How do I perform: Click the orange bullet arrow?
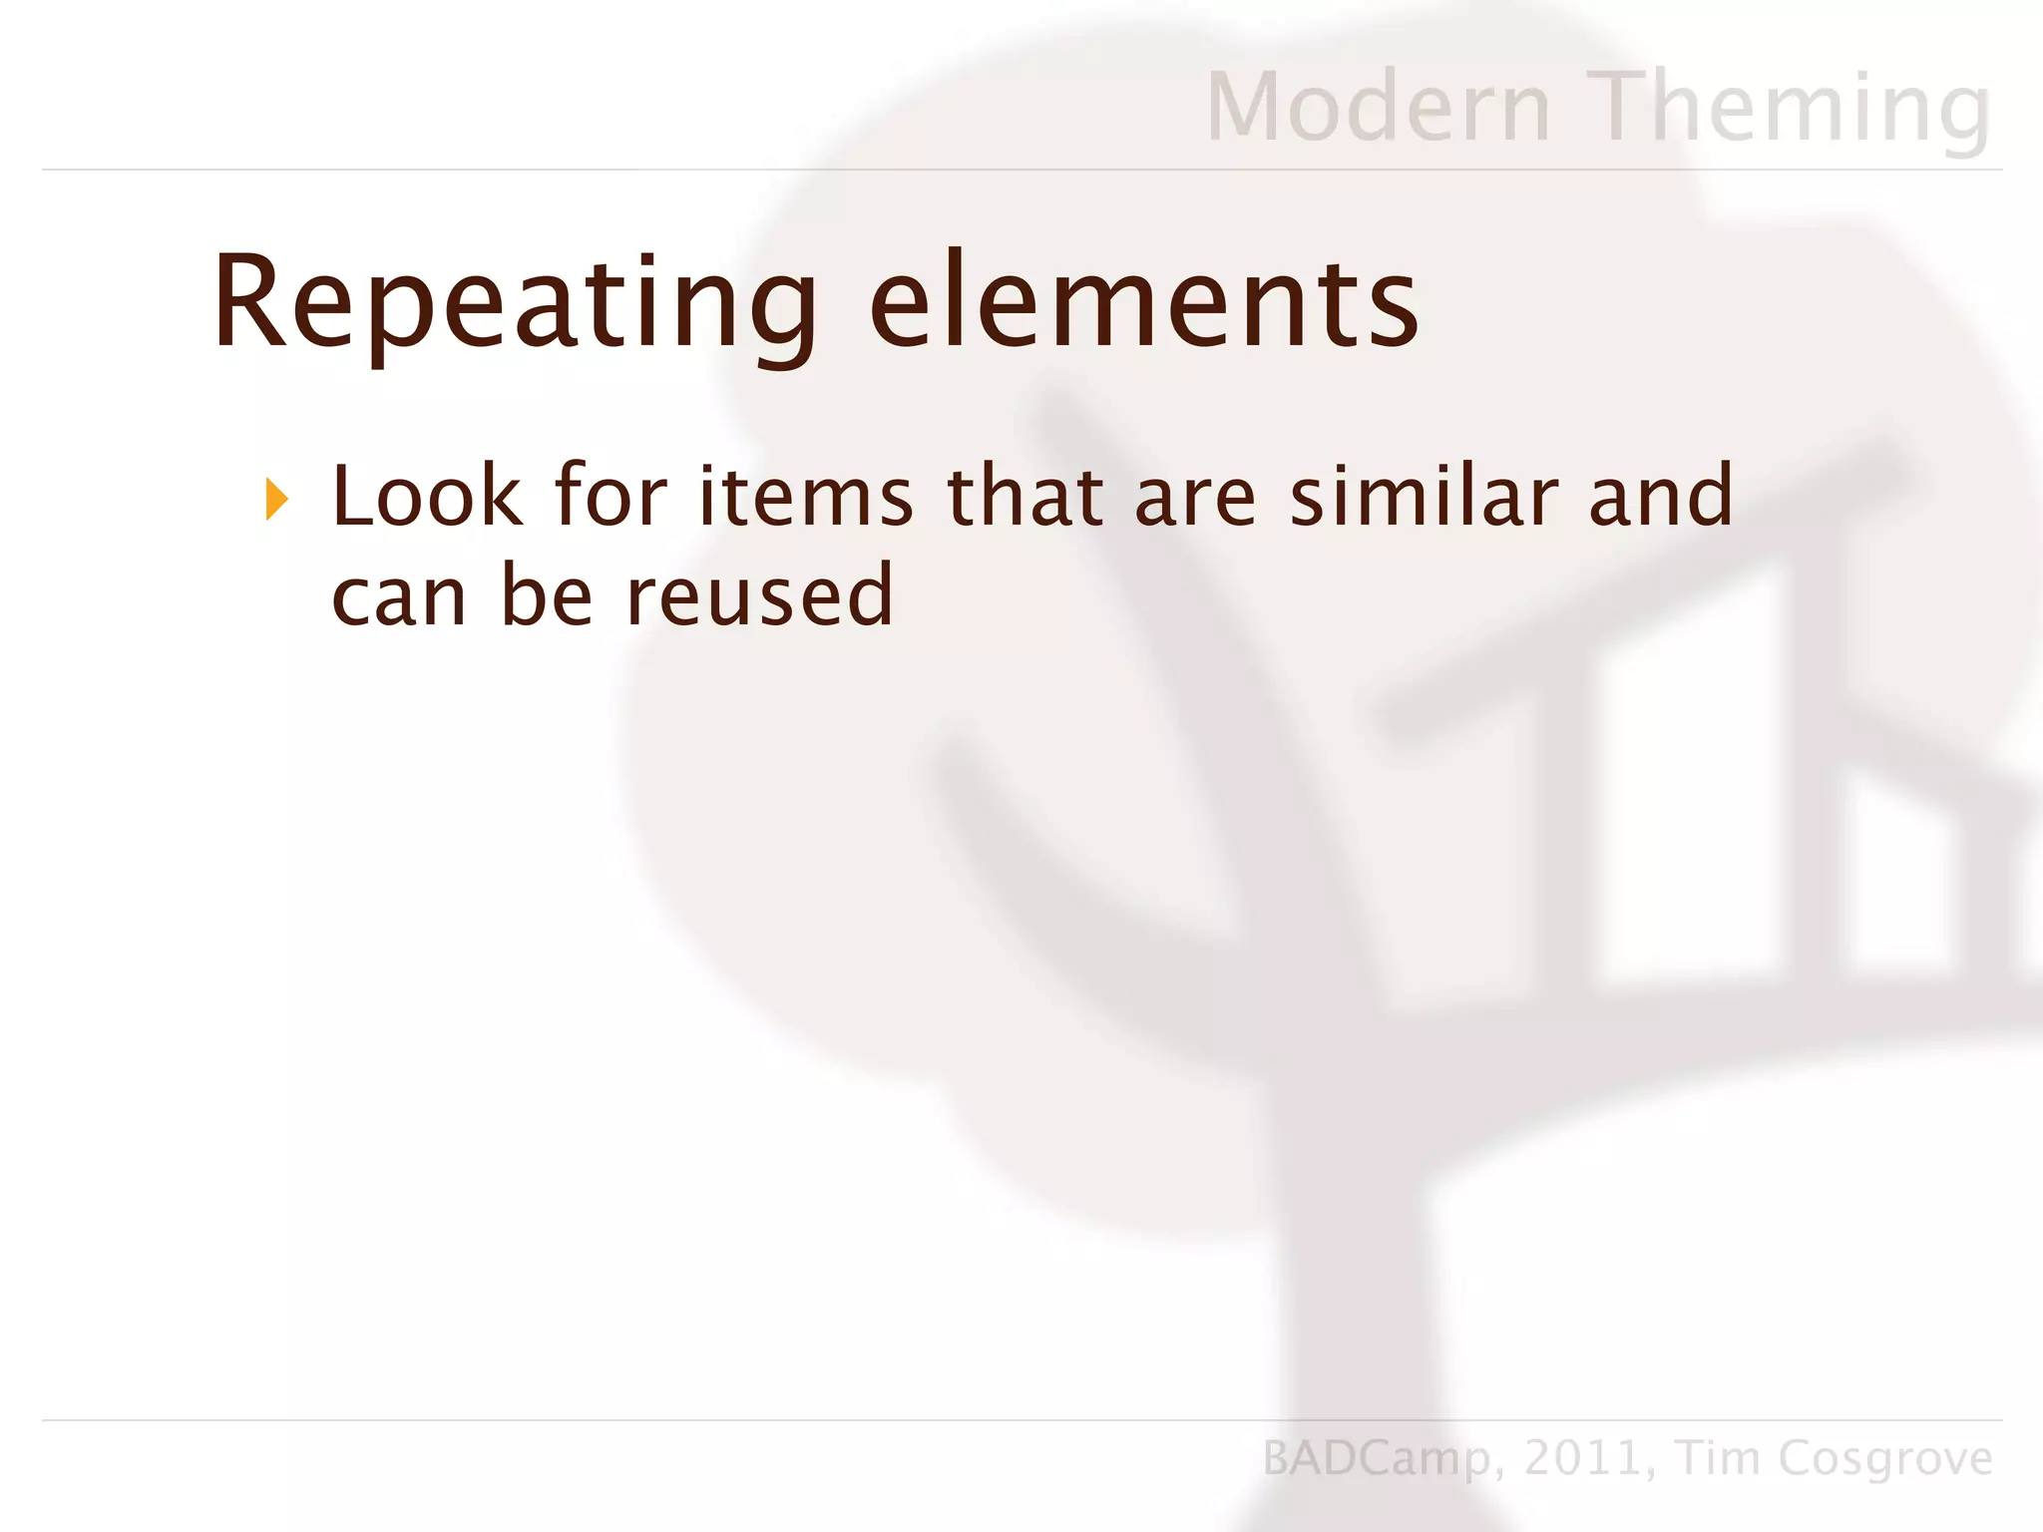(x=277, y=499)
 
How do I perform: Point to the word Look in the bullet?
(x=427, y=496)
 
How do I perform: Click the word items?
(x=805, y=496)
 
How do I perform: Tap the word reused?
(x=759, y=595)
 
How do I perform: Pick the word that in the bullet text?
(x=1024, y=496)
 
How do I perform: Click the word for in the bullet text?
(x=611, y=496)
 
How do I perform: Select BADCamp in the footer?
(x=1377, y=1459)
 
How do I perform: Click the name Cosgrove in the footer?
(x=1884, y=1459)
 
